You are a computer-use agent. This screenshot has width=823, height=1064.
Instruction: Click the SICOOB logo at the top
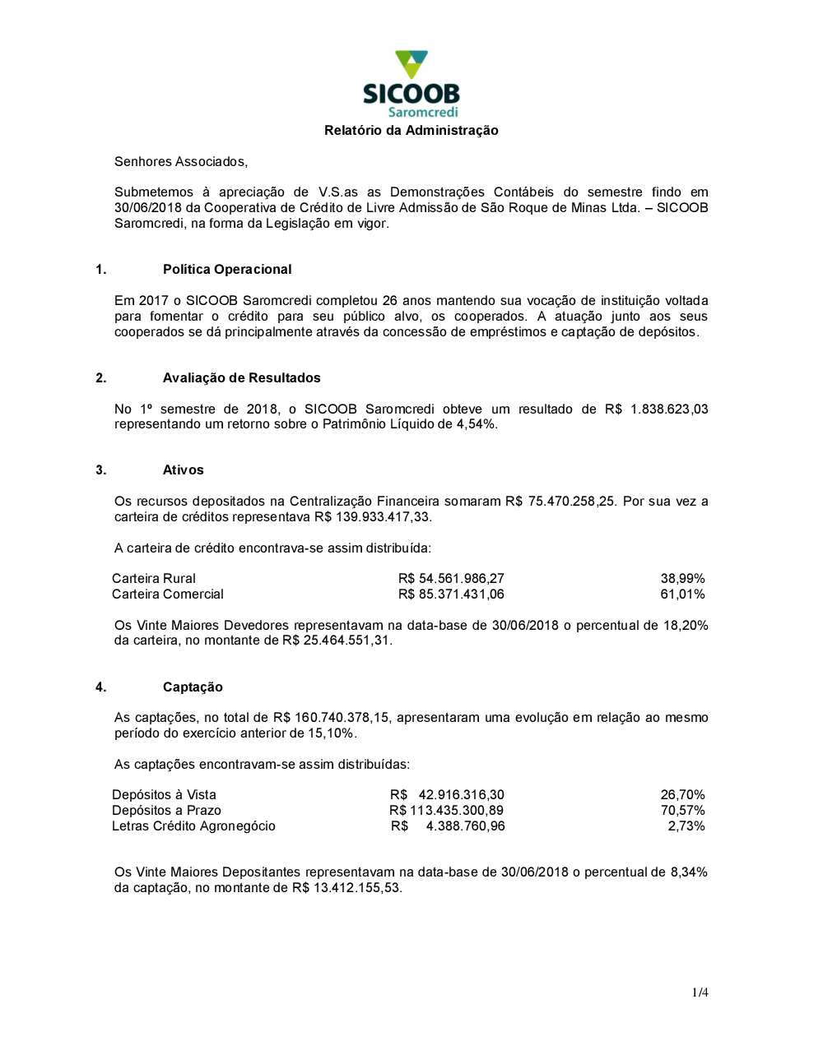click(411, 85)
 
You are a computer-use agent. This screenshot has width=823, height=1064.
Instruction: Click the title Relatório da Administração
click(411, 131)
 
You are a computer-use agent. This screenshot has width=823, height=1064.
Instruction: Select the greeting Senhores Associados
click(181, 162)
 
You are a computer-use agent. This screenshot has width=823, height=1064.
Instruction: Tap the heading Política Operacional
click(227, 270)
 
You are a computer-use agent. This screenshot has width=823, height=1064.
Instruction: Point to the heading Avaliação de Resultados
click(242, 378)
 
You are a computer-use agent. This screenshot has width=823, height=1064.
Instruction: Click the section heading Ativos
click(184, 470)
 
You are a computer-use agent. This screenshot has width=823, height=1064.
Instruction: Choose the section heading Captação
click(193, 687)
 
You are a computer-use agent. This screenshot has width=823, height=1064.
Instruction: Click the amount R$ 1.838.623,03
click(656, 409)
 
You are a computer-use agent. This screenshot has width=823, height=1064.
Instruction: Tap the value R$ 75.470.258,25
click(560, 502)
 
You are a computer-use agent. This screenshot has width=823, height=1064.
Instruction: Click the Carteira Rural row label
click(154, 579)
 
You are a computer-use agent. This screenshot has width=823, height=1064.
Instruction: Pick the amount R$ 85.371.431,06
click(451, 594)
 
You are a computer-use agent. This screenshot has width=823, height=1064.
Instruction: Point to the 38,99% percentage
click(682, 579)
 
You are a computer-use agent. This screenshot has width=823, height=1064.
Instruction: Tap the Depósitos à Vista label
click(164, 795)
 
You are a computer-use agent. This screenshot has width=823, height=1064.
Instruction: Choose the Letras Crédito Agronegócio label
click(193, 826)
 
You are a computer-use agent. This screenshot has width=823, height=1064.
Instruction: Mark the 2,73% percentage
click(686, 826)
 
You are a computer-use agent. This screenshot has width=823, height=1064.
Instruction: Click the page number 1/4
click(700, 992)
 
